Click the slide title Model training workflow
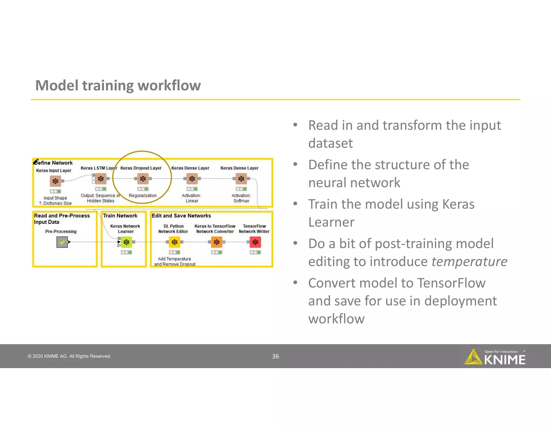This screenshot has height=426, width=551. pyautogui.click(x=118, y=85)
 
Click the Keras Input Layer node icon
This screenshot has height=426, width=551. pyautogui.click(x=55, y=181)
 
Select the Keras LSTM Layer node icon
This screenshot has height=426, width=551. pyautogui.click(x=101, y=179)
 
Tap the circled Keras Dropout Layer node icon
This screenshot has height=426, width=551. pyautogui.click(x=143, y=179)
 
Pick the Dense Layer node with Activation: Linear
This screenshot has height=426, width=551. pyautogui.click(x=192, y=179)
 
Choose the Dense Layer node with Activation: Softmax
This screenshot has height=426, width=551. pyautogui.click(x=241, y=179)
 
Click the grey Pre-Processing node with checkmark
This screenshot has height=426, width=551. pyautogui.click(x=62, y=242)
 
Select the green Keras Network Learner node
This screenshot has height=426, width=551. pyautogui.click(x=126, y=242)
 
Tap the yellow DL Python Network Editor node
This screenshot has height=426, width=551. pyautogui.click(x=174, y=242)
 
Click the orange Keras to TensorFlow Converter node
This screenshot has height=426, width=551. pyautogui.click(x=217, y=242)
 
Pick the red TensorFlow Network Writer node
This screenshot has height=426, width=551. pyautogui.click(x=255, y=242)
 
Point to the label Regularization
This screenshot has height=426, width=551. pyautogui.click(x=143, y=195)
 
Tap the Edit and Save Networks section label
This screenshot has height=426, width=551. pyautogui.click(x=181, y=216)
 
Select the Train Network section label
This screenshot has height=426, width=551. pyautogui.click(x=120, y=216)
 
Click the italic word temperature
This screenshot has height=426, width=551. pyautogui.click(x=469, y=261)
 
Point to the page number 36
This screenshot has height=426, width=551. pyautogui.click(x=275, y=356)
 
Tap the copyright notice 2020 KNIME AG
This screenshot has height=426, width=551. pyautogui.click(x=69, y=356)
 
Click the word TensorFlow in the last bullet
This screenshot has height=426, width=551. pyautogui.click(x=451, y=283)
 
